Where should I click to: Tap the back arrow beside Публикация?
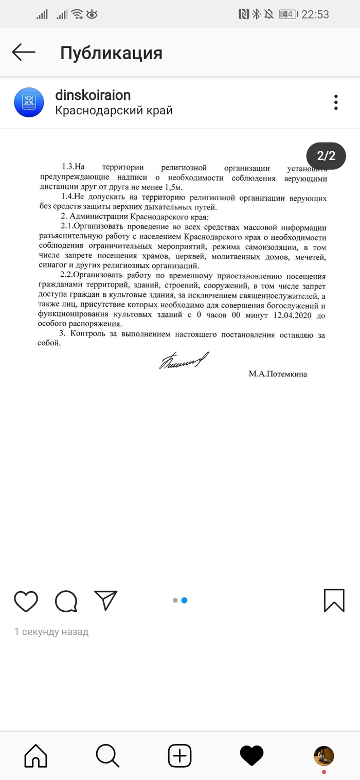point(24,52)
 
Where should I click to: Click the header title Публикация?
point(111,52)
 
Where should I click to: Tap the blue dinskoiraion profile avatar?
point(29,102)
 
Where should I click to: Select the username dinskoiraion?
point(93,95)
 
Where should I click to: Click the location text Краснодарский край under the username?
point(114,111)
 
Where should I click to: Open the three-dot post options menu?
point(336,102)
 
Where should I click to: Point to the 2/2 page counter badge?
point(326,155)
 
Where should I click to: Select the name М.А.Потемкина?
point(278,374)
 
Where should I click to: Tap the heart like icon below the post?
point(26,600)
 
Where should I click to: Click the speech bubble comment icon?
point(66,600)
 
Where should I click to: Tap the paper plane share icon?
point(106,600)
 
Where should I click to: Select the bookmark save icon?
point(334,600)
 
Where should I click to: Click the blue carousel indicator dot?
point(184,600)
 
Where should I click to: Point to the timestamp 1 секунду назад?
point(51,632)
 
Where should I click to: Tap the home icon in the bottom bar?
point(36,756)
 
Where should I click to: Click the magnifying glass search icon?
point(107,756)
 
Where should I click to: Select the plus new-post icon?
point(179,756)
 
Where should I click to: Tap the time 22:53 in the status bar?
point(315,14)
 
